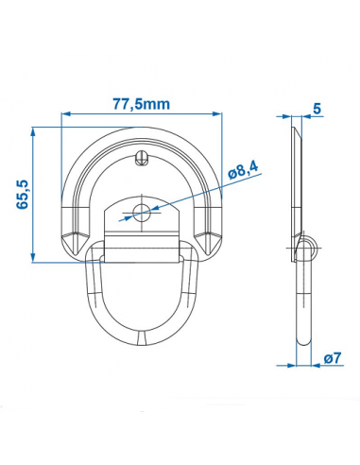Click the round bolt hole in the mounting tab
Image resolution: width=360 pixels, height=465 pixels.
coord(141,213)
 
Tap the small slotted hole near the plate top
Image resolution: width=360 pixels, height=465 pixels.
coord(141,156)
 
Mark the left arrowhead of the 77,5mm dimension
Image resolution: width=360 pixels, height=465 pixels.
coord(64,115)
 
